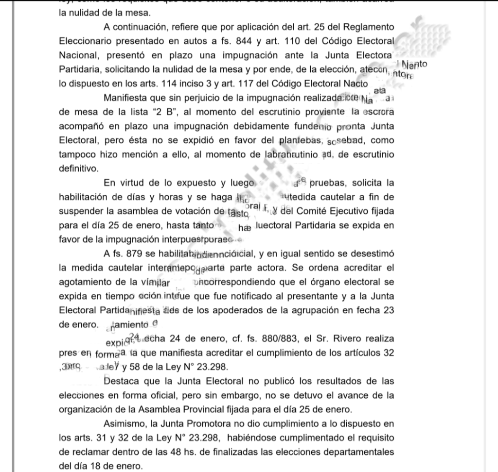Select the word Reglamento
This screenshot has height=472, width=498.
(365, 26)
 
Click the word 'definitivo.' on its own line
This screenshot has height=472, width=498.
(78, 169)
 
